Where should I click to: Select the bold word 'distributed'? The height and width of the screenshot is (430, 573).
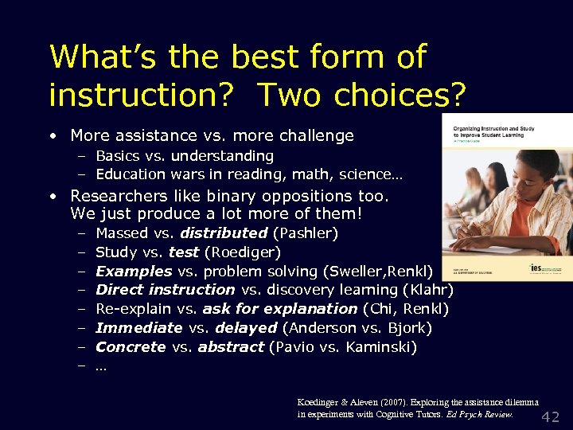click(224, 233)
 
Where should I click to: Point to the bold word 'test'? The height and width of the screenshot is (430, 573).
click(184, 252)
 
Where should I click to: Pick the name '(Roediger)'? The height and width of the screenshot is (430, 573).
click(243, 252)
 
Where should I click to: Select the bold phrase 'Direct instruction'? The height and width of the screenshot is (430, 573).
click(165, 290)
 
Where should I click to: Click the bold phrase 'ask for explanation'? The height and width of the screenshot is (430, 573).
click(280, 308)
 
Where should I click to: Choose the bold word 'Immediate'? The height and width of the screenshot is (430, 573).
click(139, 327)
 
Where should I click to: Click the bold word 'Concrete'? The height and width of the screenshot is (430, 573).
click(131, 346)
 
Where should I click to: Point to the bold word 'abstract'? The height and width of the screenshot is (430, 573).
click(232, 346)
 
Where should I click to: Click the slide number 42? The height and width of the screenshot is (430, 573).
click(551, 416)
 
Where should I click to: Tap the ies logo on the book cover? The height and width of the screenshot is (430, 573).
click(540, 268)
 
